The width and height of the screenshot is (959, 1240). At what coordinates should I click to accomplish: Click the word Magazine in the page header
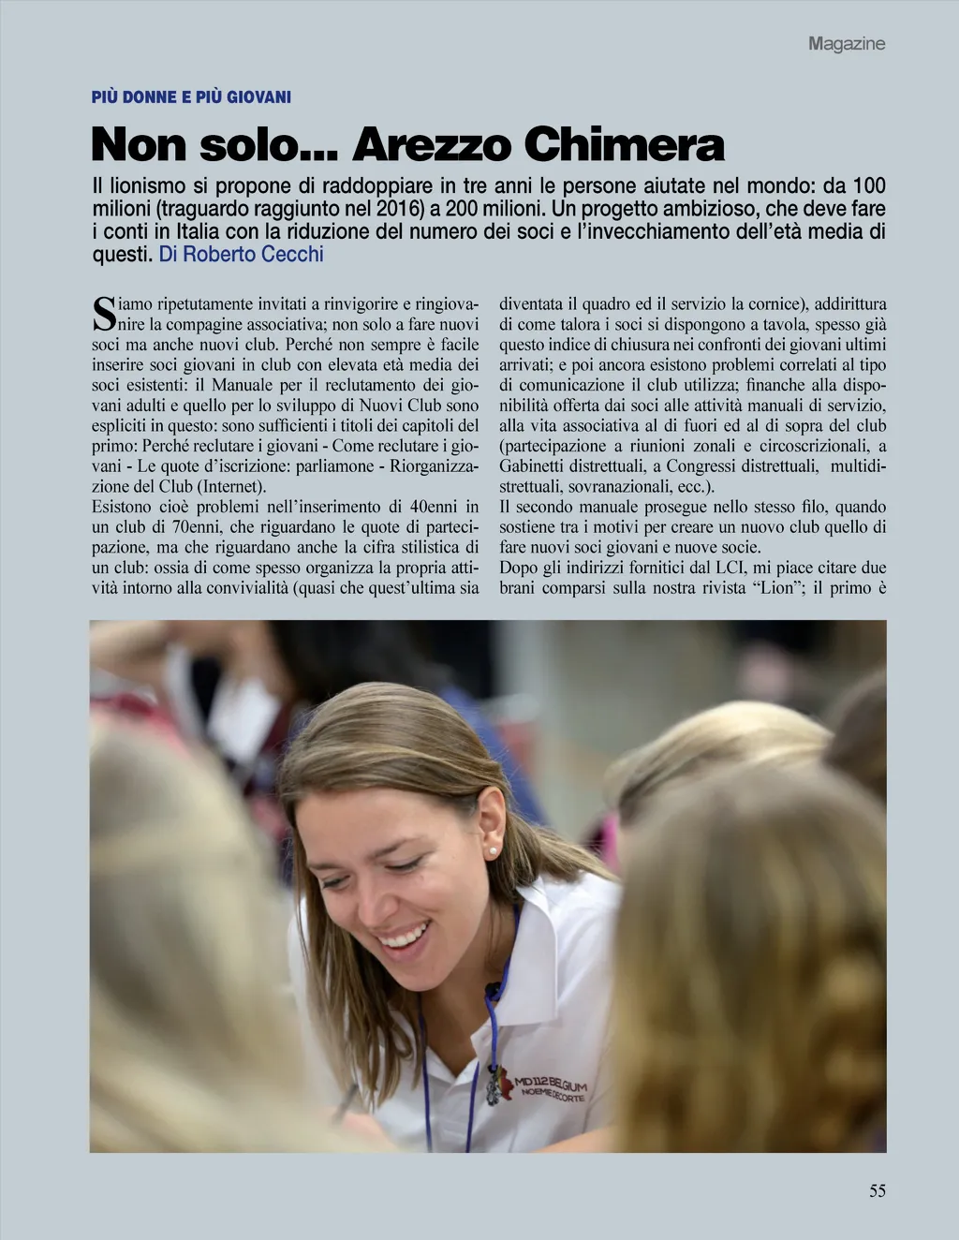847,43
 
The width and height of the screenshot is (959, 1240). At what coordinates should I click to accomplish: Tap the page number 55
877,1191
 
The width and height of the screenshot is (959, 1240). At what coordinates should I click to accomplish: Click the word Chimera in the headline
624,145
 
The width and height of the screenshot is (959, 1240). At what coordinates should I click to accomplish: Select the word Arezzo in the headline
432,145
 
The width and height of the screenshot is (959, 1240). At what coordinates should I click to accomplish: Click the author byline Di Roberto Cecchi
241,255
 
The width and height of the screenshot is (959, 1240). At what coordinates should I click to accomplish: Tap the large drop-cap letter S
103,315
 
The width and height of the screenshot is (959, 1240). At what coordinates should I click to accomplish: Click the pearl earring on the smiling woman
493,850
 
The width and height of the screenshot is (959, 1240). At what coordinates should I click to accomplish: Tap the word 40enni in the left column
426,507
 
